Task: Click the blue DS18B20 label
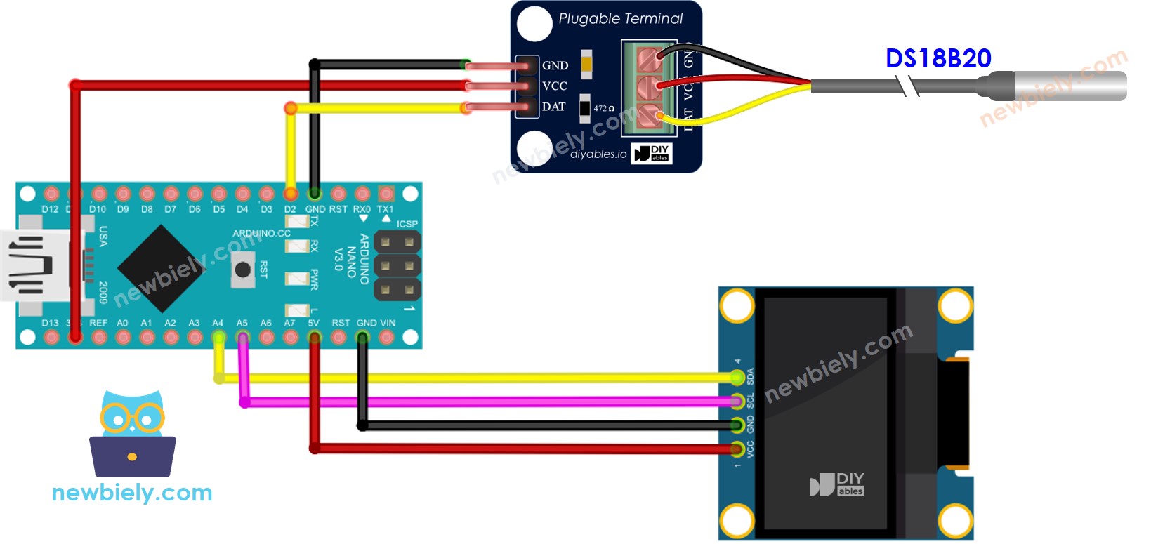click(x=938, y=58)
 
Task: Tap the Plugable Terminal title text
click(x=620, y=19)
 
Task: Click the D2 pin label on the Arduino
click(x=290, y=209)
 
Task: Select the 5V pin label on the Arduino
click(x=313, y=323)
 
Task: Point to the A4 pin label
click(x=218, y=323)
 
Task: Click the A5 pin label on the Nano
click(x=242, y=323)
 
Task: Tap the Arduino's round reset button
click(x=243, y=270)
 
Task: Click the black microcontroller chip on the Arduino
click(x=161, y=268)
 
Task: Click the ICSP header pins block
click(x=397, y=265)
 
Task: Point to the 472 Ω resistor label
click(x=603, y=108)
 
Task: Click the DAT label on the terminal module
click(x=553, y=107)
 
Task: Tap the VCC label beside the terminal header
click(x=554, y=86)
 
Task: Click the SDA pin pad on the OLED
click(x=737, y=378)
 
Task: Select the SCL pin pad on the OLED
click(x=737, y=402)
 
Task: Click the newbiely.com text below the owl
click(x=132, y=493)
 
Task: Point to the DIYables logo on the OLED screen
click(x=837, y=484)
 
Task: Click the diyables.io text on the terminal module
click(x=598, y=154)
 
